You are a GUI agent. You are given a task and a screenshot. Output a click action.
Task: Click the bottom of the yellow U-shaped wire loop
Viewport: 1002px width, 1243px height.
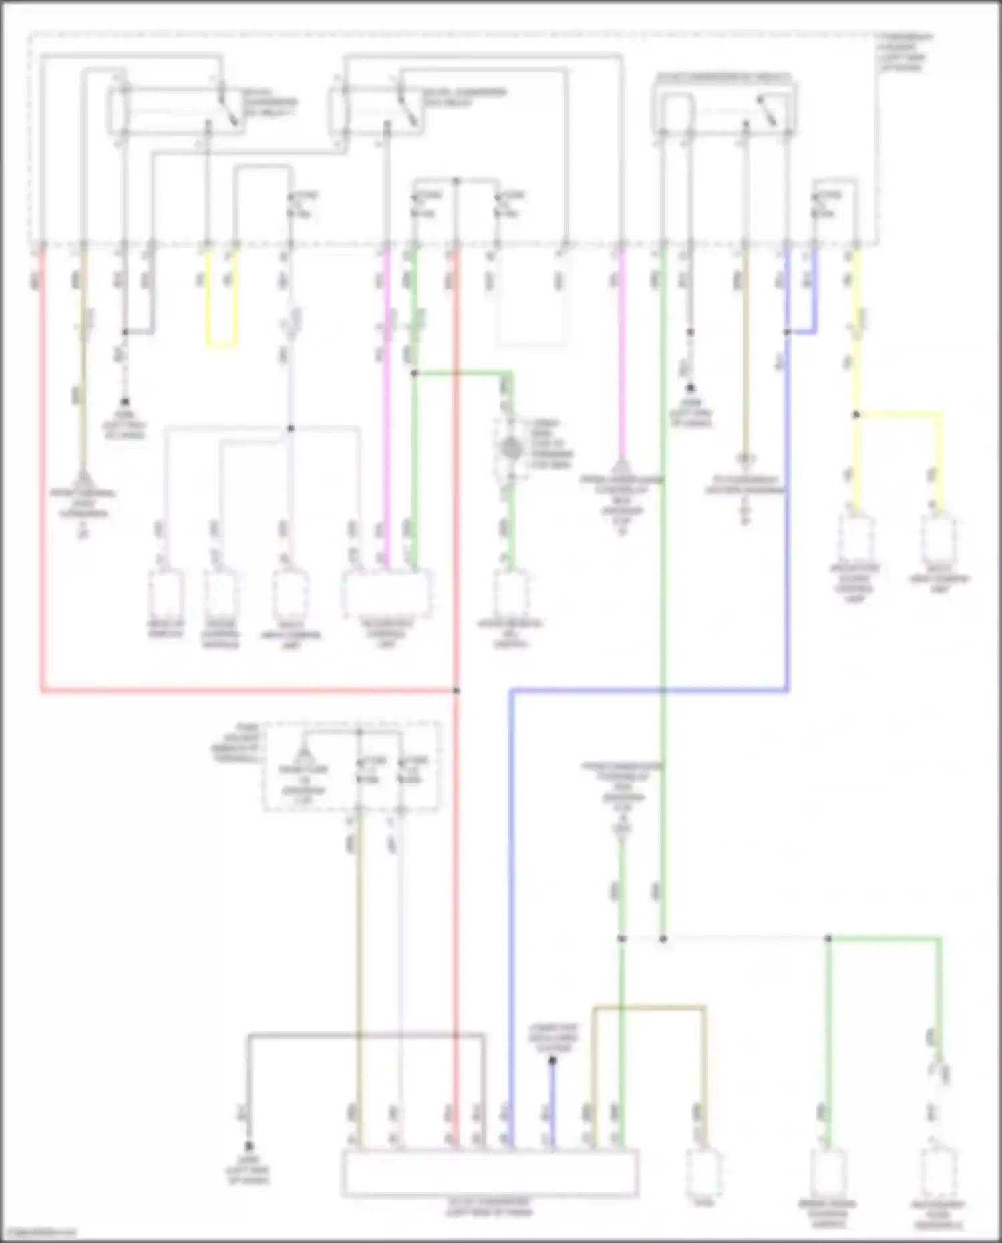click(222, 347)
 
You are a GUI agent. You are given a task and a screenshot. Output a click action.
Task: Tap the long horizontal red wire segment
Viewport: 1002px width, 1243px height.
click(247, 690)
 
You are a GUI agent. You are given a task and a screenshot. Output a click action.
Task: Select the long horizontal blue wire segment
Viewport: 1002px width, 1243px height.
click(648, 690)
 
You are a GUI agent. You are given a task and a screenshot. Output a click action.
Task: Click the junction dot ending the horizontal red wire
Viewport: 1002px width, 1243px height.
click(457, 690)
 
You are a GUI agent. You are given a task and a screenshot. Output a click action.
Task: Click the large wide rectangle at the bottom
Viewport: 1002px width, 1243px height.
click(490, 1173)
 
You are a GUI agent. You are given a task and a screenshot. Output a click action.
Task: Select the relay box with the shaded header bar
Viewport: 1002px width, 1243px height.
click(724, 107)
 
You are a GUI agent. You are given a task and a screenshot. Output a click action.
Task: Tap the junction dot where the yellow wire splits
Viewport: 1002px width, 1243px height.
click(856, 415)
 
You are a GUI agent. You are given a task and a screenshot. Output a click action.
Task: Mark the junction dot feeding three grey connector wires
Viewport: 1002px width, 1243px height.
click(291, 428)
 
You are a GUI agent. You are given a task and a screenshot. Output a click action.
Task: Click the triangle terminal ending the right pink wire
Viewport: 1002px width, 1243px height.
click(621, 466)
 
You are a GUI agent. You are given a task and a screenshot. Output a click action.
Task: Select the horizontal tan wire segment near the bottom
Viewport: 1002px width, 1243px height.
click(648, 1007)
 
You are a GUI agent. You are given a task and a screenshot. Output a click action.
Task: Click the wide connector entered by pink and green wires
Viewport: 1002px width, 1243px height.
click(387, 593)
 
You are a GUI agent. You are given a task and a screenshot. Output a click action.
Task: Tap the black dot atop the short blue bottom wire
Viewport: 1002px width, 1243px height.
click(552, 1061)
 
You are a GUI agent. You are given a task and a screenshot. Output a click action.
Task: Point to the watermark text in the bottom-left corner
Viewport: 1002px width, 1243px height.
click(39, 1233)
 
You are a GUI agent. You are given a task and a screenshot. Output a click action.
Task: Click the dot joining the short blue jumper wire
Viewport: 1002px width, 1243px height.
click(787, 332)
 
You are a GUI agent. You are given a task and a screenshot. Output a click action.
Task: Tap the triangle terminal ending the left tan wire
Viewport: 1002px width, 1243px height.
click(83, 478)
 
